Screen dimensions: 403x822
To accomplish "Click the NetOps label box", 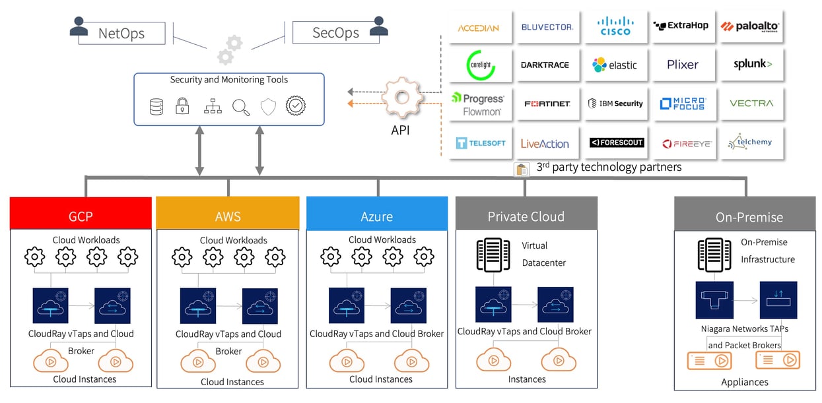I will (x=121, y=33).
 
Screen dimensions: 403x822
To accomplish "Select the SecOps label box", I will (x=335, y=32).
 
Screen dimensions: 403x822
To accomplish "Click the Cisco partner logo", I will (x=615, y=26).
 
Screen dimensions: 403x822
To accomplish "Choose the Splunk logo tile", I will (x=752, y=65).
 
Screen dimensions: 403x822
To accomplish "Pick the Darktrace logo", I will (x=545, y=65).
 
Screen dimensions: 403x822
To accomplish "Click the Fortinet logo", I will (x=547, y=104).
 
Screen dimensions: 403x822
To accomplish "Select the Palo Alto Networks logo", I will (x=751, y=26).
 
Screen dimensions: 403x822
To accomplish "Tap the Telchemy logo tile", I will (x=750, y=142).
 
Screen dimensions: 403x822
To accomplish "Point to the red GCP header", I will (x=81, y=216).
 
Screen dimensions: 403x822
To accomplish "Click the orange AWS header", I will (x=228, y=216).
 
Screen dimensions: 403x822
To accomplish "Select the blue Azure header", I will (x=376, y=216).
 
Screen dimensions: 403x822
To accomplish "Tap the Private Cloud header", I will (x=526, y=216).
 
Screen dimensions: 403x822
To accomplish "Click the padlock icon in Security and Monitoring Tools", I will (x=182, y=106).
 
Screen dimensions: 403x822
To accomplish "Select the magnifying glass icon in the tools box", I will (x=241, y=107).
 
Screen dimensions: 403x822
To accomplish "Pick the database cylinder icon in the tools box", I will (x=156, y=106).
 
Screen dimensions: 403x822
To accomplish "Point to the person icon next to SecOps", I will (x=379, y=26).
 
